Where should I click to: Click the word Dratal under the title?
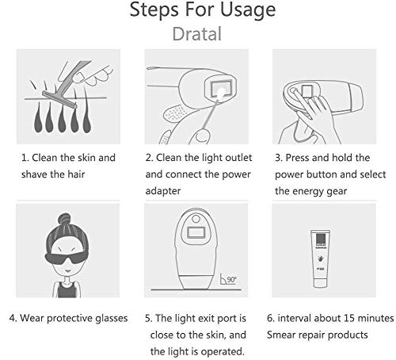click(197, 34)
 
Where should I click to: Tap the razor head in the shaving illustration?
click(59, 100)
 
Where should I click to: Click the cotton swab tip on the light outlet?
click(221, 93)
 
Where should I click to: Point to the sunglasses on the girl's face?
click(67, 258)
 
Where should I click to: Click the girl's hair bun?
click(64, 219)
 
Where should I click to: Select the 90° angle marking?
click(228, 279)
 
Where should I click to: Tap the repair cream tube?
click(320, 259)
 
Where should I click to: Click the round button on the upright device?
click(196, 219)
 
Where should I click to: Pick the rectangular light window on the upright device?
click(196, 232)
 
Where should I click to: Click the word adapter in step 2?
click(163, 191)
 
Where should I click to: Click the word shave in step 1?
click(34, 174)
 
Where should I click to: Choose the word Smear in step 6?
click(280, 335)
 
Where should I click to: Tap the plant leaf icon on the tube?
click(320, 259)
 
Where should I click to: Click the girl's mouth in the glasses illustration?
click(68, 271)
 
